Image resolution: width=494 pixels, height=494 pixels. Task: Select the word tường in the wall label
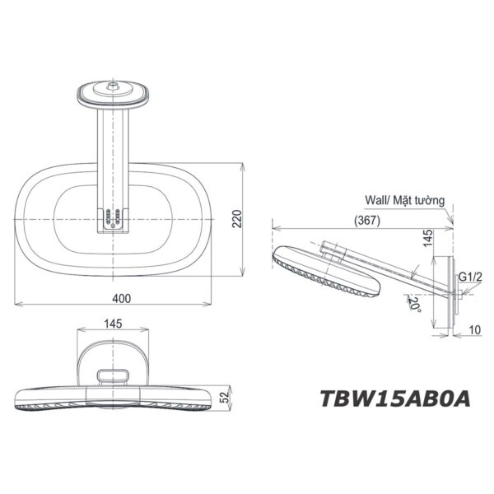(x=431, y=200)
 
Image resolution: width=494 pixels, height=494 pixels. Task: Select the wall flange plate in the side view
(x=451, y=291)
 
